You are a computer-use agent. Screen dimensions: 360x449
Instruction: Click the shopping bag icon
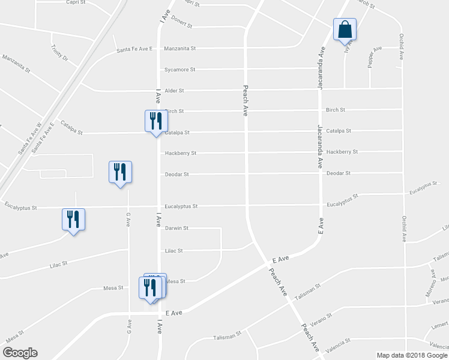(345, 29)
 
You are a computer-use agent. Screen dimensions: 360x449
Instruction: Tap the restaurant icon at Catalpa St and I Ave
(155, 121)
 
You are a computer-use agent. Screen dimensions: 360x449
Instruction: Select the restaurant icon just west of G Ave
(119, 173)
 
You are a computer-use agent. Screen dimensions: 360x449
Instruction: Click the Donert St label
(181, 26)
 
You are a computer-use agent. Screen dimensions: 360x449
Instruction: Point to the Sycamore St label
(180, 70)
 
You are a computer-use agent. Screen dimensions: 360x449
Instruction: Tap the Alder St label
(174, 91)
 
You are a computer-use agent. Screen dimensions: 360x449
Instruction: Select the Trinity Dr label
(60, 55)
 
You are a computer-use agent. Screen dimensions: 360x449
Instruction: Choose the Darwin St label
(177, 228)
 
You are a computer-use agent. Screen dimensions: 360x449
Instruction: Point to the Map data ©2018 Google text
(412, 355)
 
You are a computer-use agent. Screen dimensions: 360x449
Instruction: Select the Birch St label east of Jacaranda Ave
(335, 110)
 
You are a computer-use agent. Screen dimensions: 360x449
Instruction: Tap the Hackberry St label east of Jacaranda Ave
(342, 152)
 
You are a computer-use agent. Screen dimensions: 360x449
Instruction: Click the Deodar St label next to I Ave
(177, 174)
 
